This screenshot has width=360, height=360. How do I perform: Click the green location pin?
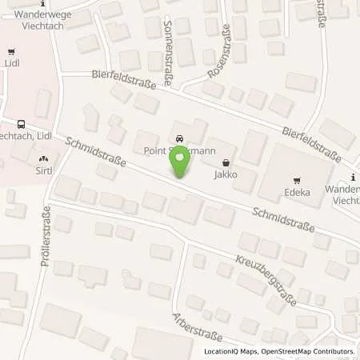[179, 163]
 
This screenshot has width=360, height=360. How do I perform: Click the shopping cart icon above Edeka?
[298, 180]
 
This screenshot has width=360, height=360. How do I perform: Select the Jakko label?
[225, 174]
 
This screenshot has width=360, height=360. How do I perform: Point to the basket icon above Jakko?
[225, 162]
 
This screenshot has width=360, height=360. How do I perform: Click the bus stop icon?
[20, 124]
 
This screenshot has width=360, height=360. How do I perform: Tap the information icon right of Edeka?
[354, 177]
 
